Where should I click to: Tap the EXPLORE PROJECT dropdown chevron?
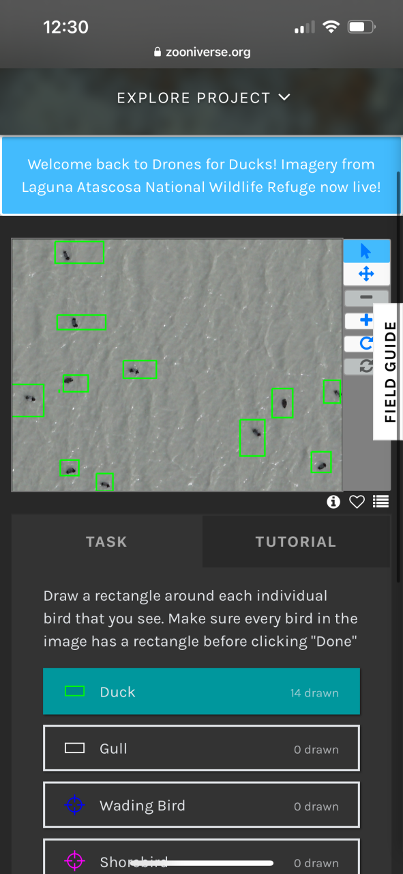(x=284, y=97)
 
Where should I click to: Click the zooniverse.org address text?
(x=208, y=52)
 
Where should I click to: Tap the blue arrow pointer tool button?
(x=366, y=251)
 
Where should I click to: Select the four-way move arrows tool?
(x=366, y=274)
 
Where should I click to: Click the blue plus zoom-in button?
(x=366, y=320)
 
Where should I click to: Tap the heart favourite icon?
(x=357, y=502)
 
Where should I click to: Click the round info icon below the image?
(x=333, y=502)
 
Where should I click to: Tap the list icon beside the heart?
(x=380, y=501)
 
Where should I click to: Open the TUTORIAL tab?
(x=296, y=541)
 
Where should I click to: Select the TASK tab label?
(x=106, y=541)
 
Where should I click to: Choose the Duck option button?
(x=202, y=692)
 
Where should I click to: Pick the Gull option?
(x=202, y=748)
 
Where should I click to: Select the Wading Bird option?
(x=202, y=805)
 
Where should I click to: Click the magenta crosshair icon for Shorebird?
(x=74, y=861)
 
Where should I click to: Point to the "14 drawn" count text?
(x=314, y=692)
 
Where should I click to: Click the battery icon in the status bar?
(x=361, y=27)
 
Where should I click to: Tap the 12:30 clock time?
(x=66, y=27)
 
